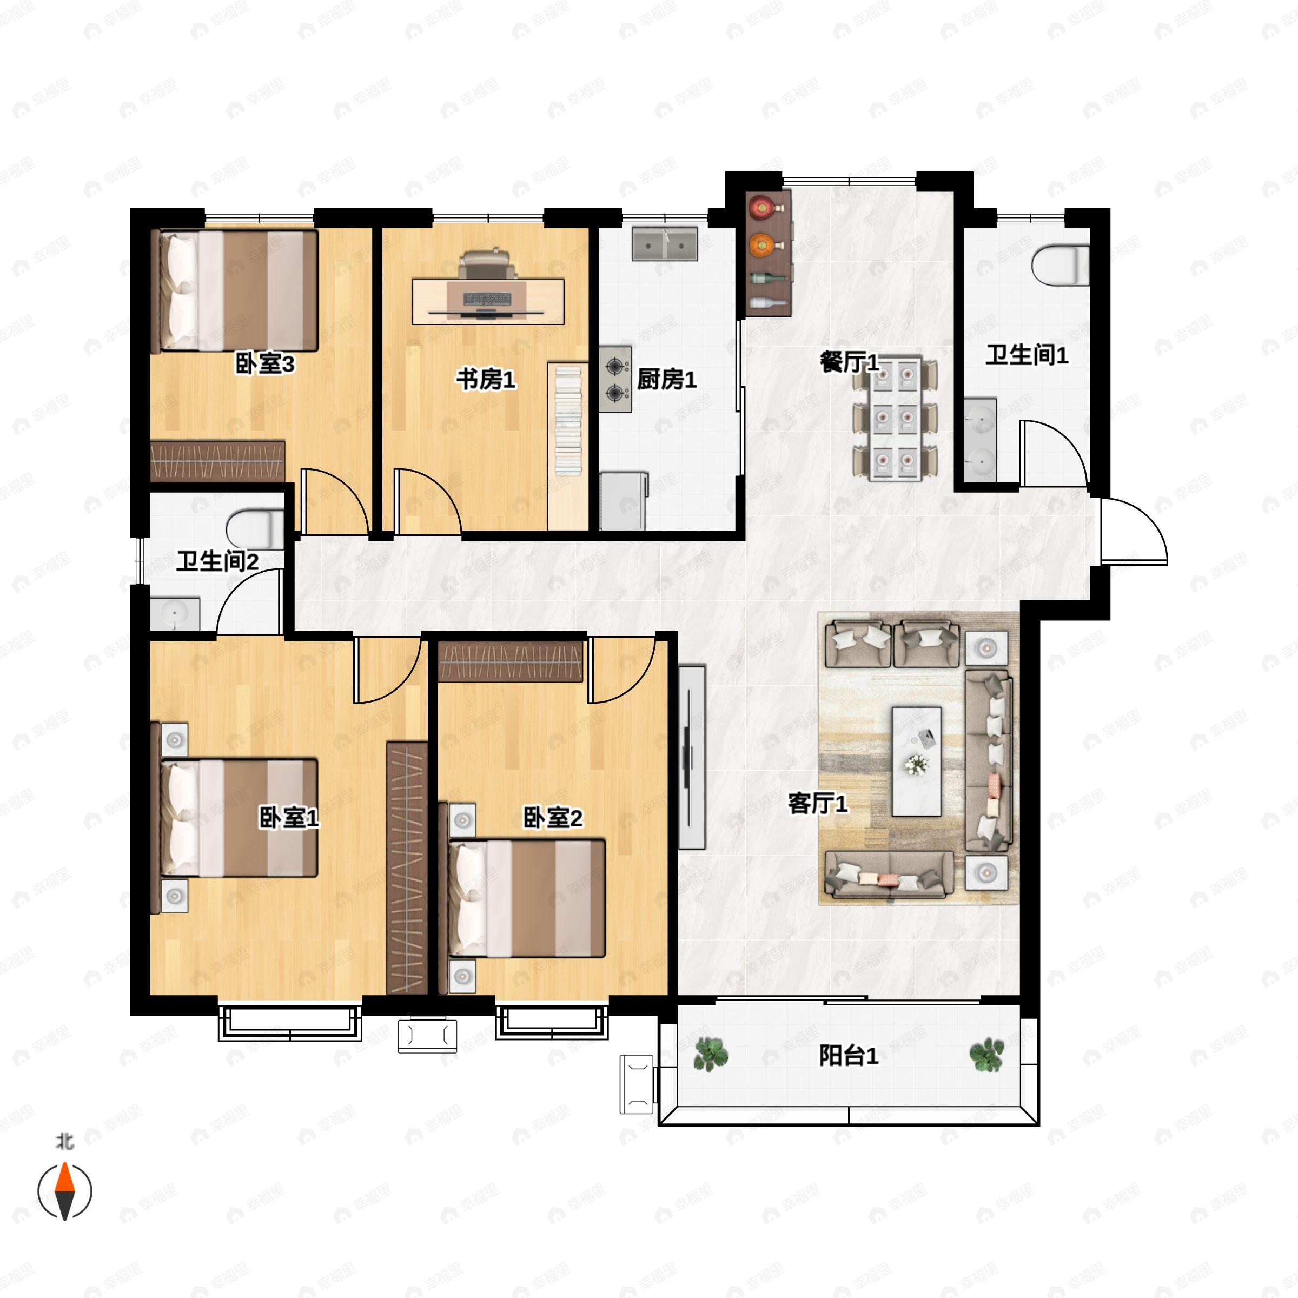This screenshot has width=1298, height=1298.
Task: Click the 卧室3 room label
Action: (264, 364)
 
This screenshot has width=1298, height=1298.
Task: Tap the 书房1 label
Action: (486, 380)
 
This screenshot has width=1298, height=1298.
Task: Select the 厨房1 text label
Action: (666, 380)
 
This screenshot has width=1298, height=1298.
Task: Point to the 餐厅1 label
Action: (849, 363)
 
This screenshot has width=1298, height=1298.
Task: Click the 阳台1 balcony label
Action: (849, 1056)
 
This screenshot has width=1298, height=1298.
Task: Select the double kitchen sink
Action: (665, 244)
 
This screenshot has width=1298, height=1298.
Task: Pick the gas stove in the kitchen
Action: (615, 379)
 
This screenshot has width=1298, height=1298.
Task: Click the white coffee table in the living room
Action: (916, 761)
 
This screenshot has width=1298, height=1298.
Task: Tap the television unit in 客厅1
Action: (691, 757)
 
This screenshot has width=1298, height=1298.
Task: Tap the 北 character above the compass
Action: (64, 1142)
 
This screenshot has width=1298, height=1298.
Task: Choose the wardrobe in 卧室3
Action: (217, 461)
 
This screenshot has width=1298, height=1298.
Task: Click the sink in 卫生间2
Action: (175, 614)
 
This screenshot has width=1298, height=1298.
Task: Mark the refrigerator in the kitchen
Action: (624, 500)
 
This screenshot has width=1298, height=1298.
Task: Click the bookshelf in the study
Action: (568, 447)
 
